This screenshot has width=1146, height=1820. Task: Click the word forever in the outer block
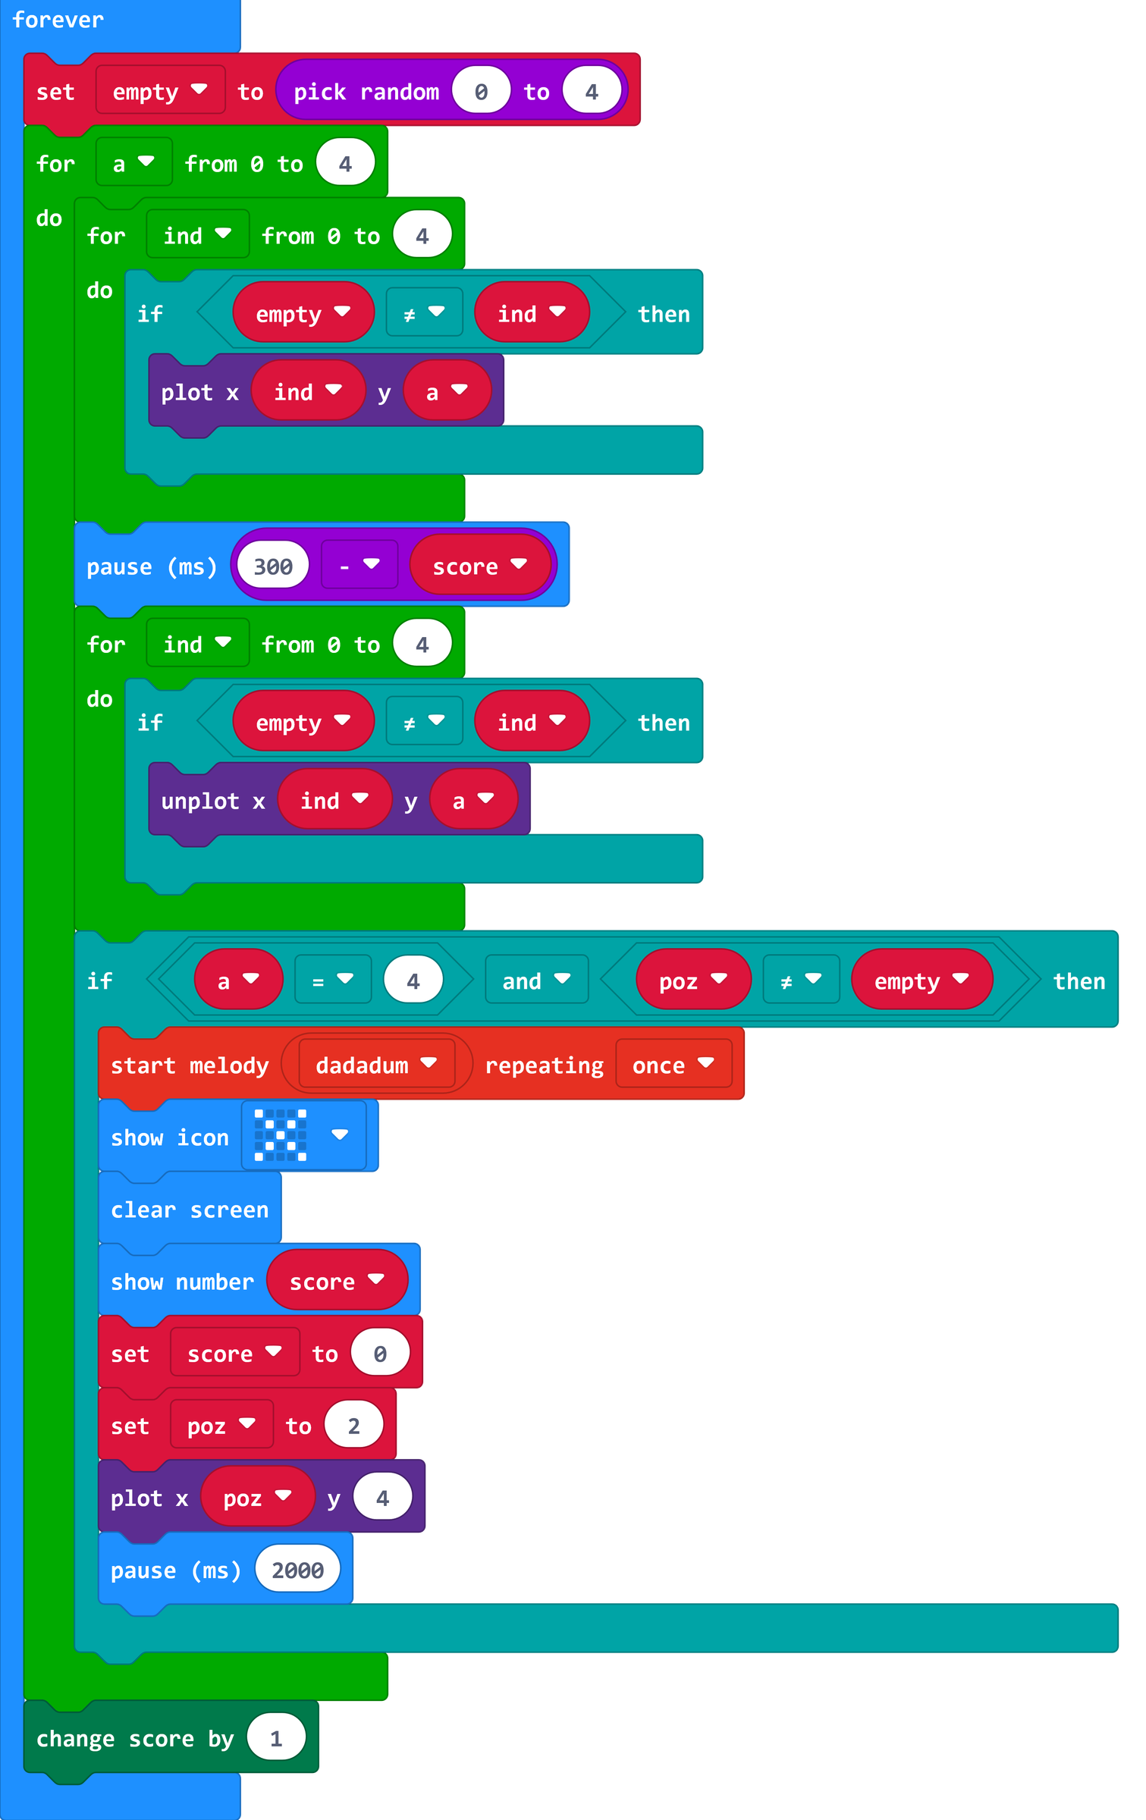(58, 20)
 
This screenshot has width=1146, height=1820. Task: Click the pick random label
(366, 92)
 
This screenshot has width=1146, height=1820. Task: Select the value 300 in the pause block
(273, 566)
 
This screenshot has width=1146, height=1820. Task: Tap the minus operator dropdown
(359, 565)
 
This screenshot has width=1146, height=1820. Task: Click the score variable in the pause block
(479, 566)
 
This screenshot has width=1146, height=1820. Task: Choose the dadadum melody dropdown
(375, 1065)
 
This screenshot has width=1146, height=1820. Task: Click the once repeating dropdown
(673, 1065)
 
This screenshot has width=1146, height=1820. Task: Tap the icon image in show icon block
(281, 1135)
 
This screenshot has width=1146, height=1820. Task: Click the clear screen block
(190, 1209)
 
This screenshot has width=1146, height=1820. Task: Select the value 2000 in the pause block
(297, 1569)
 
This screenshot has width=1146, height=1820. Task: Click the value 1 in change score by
(276, 1737)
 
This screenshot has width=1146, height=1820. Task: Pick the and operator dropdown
(535, 981)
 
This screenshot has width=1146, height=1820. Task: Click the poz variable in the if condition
(692, 981)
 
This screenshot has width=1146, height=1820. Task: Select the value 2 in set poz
(353, 1426)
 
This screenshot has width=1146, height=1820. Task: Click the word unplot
(200, 801)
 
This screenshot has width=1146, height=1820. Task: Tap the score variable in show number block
(336, 1281)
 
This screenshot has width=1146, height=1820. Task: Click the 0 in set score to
(380, 1354)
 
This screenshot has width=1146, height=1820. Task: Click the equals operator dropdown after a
(332, 981)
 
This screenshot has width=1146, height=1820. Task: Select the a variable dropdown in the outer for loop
(133, 163)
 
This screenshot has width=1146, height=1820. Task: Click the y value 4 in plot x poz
(382, 1497)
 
